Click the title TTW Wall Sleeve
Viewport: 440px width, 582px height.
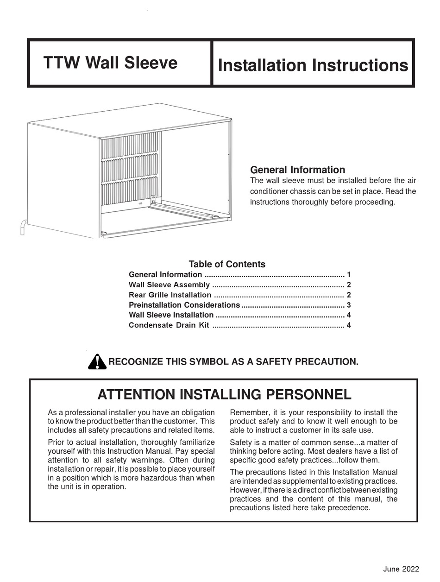point(110,63)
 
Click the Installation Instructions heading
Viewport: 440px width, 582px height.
point(313,65)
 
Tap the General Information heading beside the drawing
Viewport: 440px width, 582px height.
point(297,170)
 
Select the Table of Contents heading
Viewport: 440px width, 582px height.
point(227,264)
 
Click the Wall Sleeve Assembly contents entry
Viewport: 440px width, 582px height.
point(169,285)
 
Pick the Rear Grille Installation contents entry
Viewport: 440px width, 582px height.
point(170,295)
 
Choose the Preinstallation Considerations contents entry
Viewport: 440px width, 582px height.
point(184,305)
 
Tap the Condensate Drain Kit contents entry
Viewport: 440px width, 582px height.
point(169,325)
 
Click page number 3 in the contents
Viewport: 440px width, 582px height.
point(349,305)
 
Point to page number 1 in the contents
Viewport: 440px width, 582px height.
point(349,275)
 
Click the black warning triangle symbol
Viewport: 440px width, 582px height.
point(97,361)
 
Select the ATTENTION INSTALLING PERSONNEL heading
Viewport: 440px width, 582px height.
point(225,395)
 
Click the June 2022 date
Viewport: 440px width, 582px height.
point(401,569)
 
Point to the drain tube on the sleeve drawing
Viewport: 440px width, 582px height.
point(22,228)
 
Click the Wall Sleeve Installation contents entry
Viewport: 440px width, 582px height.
point(171,316)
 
